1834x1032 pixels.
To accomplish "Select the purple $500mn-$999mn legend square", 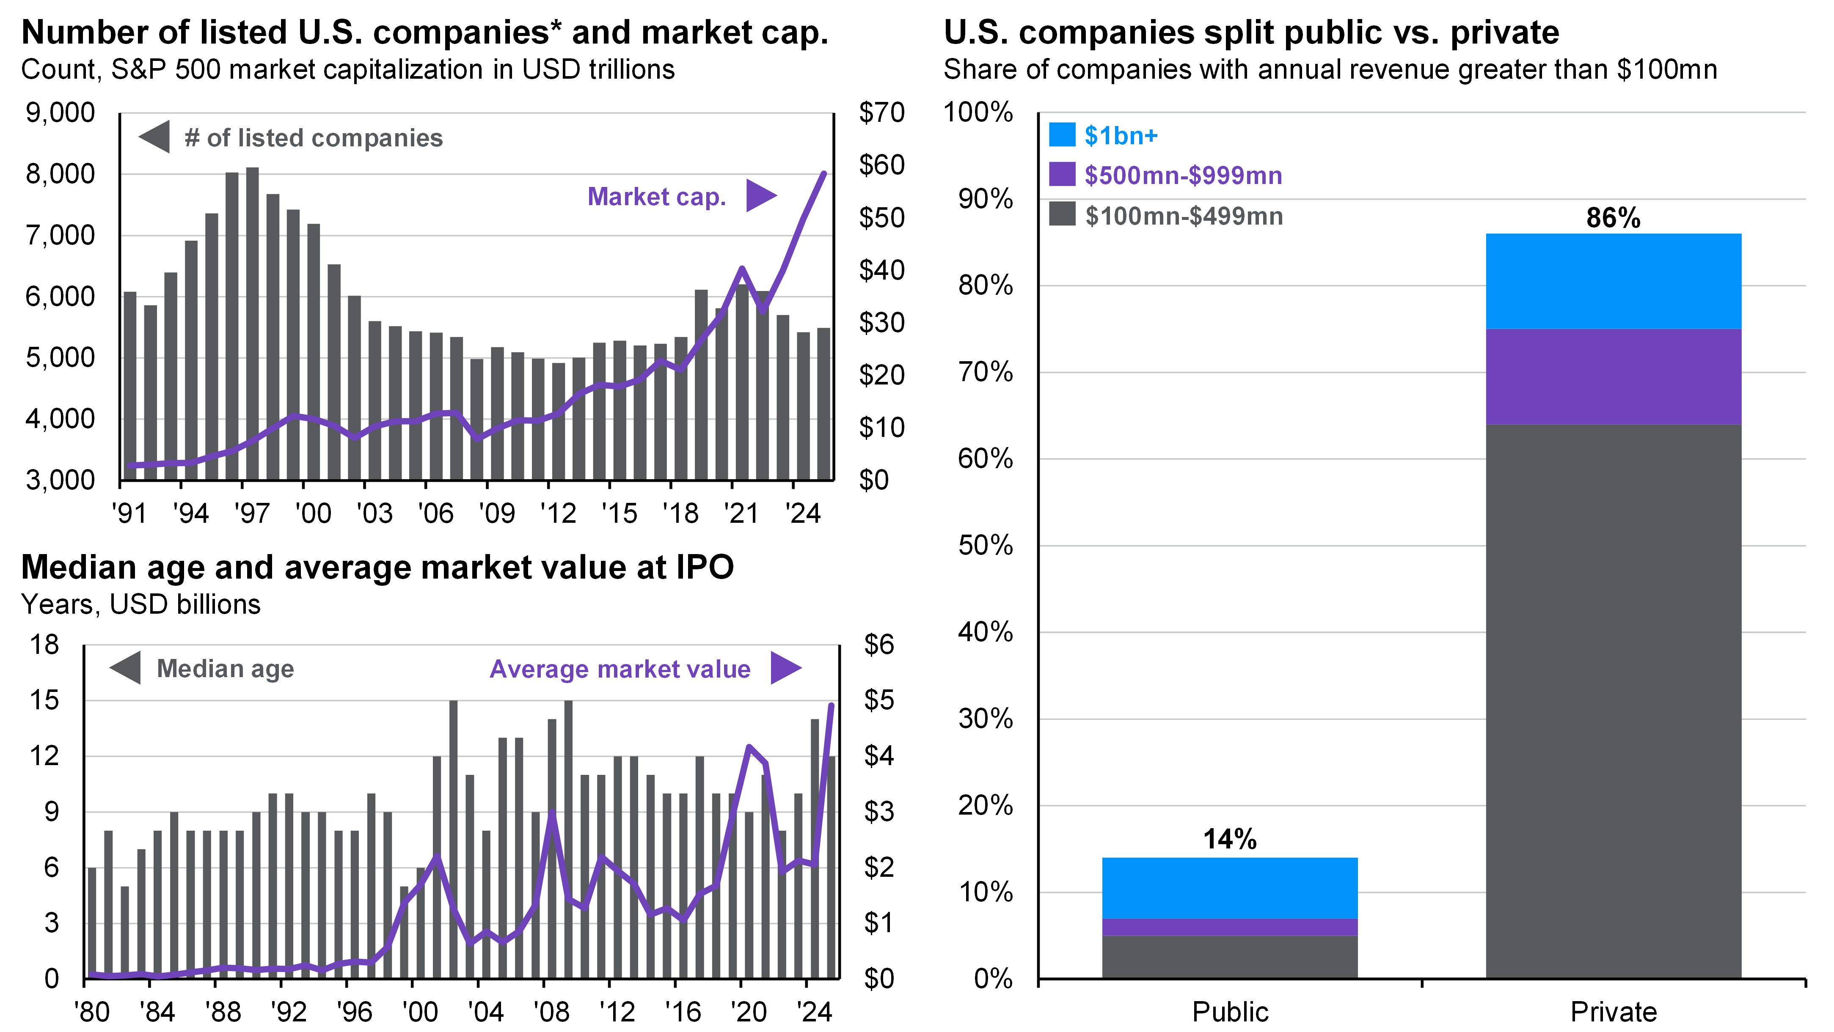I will point(1062,174).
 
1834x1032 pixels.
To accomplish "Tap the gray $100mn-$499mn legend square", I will point(1062,214).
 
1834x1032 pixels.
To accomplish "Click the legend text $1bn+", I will point(1121,135).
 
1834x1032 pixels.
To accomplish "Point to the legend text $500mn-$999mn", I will point(1183,175).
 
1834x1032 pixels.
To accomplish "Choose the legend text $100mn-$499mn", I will point(1183,216).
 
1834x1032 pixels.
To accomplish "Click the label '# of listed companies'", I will point(313,137).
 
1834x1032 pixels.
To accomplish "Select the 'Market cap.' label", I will point(656,196).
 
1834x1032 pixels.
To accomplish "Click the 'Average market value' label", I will point(620,669).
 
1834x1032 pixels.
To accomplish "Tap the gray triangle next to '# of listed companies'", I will point(154,137).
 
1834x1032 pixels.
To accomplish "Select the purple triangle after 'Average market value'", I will point(785,668).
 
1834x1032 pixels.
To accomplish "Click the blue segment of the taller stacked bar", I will point(1613,281).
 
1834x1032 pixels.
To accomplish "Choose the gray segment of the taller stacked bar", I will point(1613,701).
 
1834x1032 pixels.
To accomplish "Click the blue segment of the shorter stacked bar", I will point(1230,887).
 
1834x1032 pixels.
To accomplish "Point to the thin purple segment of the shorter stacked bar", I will point(1230,927).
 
